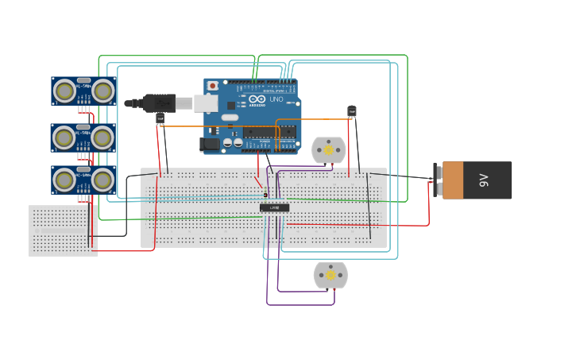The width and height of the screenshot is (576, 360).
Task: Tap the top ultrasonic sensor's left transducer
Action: (x=64, y=91)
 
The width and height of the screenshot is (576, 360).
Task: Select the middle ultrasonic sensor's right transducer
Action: (x=102, y=137)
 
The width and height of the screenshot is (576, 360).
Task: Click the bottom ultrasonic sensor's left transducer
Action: (x=64, y=180)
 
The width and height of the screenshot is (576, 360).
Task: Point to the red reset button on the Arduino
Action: (x=212, y=85)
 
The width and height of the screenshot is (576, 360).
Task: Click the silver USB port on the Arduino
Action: (x=206, y=103)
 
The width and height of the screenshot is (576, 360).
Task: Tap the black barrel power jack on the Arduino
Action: (x=210, y=144)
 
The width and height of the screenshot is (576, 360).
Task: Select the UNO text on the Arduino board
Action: (x=277, y=99)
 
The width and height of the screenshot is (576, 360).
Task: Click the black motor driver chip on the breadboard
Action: (x=274, y=207)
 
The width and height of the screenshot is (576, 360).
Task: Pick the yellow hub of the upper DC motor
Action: (x=328, y=149)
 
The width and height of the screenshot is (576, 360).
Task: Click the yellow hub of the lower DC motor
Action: (x=331, y=275)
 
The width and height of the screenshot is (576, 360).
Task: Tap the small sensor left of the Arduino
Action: (x=160, y=118)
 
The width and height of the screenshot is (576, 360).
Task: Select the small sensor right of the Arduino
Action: (x=352, y=111)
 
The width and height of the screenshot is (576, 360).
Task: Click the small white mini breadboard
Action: (x=63, y=230)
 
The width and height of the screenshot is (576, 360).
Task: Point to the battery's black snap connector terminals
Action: (x=437, y=180)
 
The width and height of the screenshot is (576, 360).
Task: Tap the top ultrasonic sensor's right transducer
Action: (x=102, y=91)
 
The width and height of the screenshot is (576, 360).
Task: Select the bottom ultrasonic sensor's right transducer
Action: (x=102, y=180)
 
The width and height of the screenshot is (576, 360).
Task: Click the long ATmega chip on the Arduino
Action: (x=270, y=131)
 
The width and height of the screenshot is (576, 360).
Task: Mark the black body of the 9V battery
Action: (x=493, y=180)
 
